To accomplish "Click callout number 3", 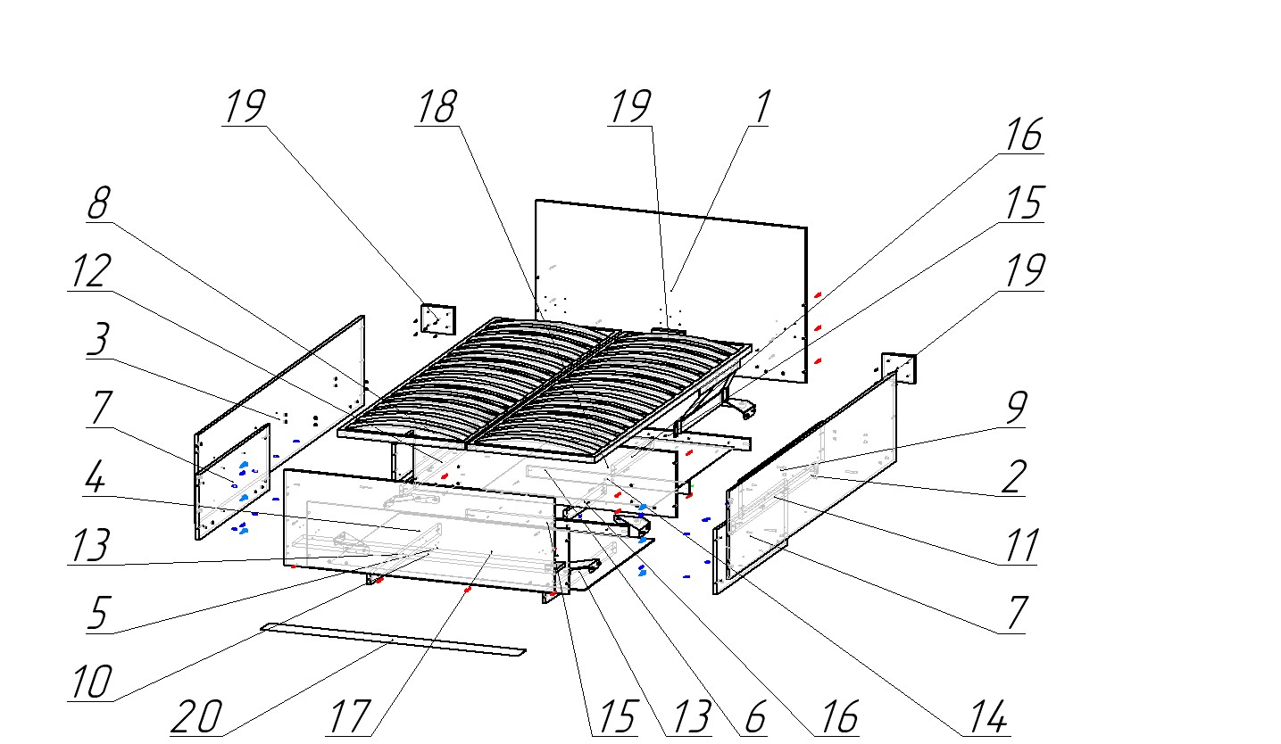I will point(99,340).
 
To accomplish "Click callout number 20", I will point(196,716).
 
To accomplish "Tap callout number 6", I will point(755,716).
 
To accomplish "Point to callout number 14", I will point(987,716).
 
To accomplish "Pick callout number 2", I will point(1013,477).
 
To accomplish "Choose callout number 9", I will point(1015,408).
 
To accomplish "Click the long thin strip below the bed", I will point(393,640).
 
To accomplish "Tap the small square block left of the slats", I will point(437,318).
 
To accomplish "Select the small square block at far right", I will point(899,368).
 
